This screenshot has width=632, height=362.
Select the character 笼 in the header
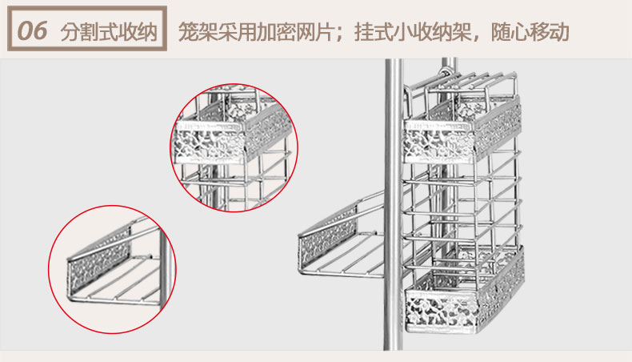(x=189, y=31)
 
